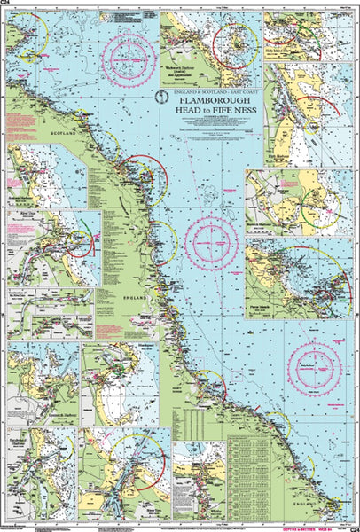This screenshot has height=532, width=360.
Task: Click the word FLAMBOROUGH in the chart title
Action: pos(212,102)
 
